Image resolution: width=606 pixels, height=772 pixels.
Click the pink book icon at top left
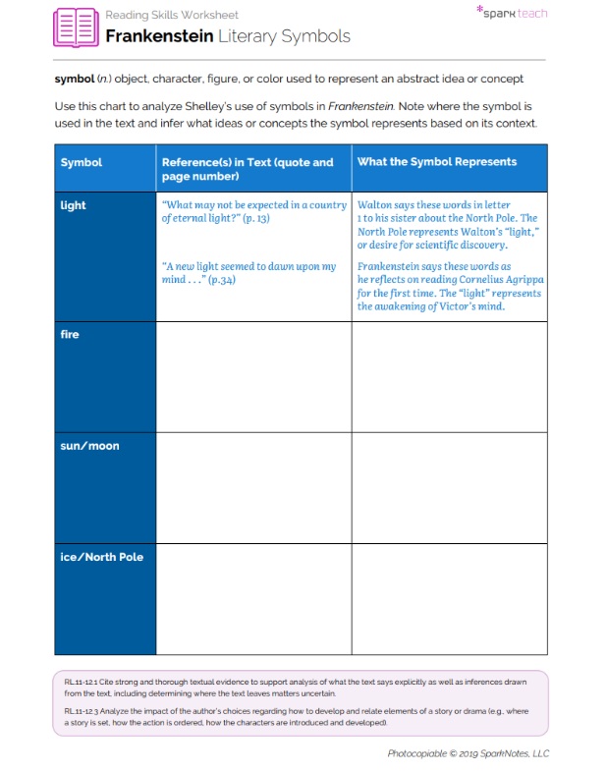(77, 28)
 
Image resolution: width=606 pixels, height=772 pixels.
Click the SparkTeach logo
(512, 13)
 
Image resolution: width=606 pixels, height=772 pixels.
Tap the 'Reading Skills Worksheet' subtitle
(171, 15)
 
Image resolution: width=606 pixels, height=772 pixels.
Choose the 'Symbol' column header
(82, 162)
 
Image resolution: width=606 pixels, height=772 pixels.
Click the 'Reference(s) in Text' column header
(248, 169)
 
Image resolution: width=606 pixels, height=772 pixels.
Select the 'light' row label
(74, 205)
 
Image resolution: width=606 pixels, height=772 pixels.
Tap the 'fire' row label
(69, 334)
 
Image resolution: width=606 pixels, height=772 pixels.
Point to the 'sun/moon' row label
(87, 445)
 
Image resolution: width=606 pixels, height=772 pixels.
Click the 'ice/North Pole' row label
(102, 557)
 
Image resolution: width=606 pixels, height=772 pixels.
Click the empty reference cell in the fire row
(253, 376)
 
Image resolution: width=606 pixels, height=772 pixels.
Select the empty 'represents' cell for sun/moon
(449, 487)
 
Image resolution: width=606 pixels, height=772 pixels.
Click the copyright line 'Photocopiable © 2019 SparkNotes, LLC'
(468, 752)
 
